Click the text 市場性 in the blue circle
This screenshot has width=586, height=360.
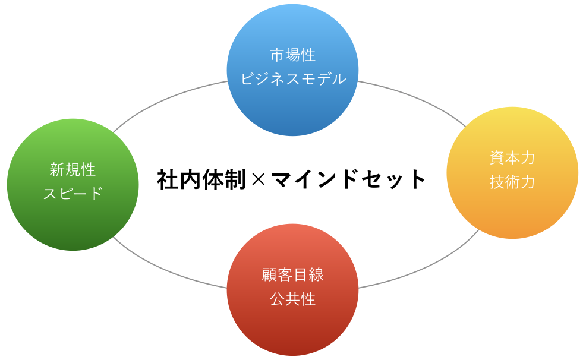pyautogui.click(x=293, y=55)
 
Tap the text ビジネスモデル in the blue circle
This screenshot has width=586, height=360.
pyautogui.click(x=293, y=79)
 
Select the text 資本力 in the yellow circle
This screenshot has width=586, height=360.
pyautogui.click(x=512, y=158)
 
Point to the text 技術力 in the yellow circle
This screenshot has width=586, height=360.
pyautogui.click(x=512, y=182)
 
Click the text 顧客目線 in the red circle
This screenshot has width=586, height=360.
pyautogui.click(x=292, y=275)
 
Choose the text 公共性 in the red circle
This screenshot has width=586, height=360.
pyautogui.click(x=292, y=299)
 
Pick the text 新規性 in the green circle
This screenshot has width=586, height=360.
pyautogui.click(x=73, y=169)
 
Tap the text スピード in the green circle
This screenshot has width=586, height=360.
pyautogui.click(x=73, y=194)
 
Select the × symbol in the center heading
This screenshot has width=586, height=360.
pyautogui.click(x=259, y=179)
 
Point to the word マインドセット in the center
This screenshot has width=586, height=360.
pyautogui.click(x=348, y=179)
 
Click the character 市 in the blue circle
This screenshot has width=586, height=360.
pyautogui.click(x=278, y=55)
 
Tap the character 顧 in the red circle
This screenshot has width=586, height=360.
pyautogui.click(x=269, y=275)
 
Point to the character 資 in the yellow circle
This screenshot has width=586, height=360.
pyautogui.click(x=497, y=158)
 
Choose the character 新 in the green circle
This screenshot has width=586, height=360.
pyautogui.click(x=58, y=169)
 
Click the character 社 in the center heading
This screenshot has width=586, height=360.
pyautogui.click(x=168, y=179)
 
